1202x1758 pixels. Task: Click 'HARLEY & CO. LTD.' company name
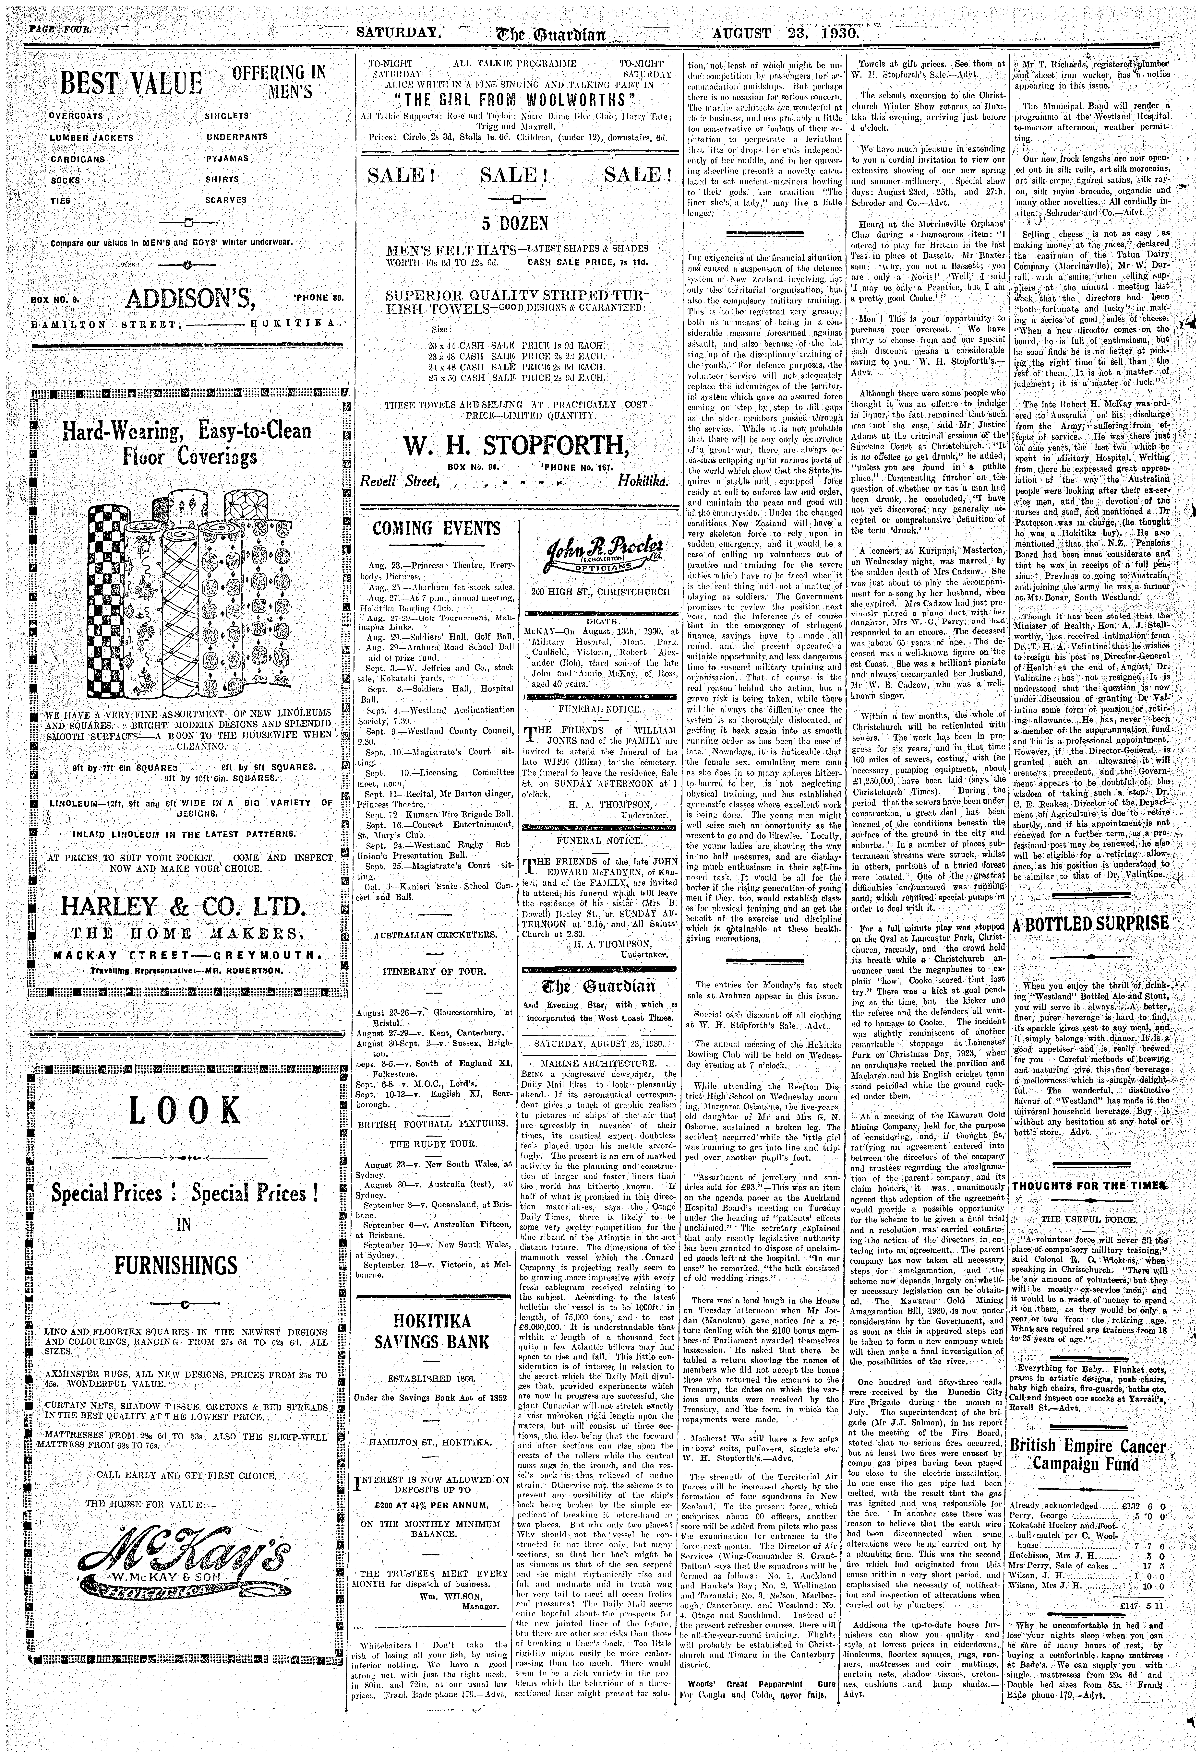click(184, 905)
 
